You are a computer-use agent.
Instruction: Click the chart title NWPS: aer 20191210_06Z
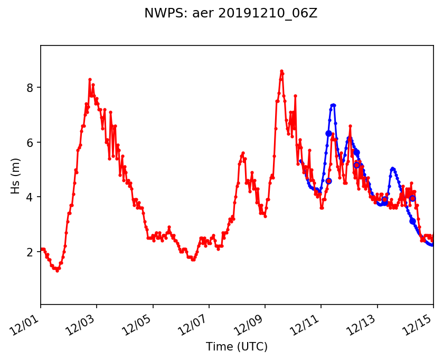[x=231, y=14]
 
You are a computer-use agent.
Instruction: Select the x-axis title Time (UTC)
[x=237, y=347]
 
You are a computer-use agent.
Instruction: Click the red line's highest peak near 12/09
[x=281, y=71]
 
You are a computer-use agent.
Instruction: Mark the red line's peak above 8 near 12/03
[x=90, y=79]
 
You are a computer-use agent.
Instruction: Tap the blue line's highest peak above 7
[x=333, y=105]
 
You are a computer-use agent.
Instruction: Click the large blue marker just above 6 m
[x=328, y=134]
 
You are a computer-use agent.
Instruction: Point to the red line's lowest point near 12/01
[x=57, y=271]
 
